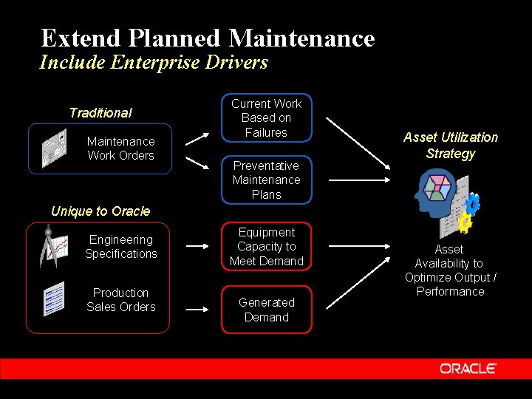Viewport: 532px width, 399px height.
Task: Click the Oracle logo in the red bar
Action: coord(468,368)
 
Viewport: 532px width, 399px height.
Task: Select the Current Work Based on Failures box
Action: coord(266,118)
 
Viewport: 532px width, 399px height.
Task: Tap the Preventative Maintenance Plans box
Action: coord(266,180)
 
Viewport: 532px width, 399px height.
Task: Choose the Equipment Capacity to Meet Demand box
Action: coord(266,247)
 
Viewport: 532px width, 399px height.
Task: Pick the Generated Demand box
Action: coord(266,310)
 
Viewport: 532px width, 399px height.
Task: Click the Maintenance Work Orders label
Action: coord(120,149)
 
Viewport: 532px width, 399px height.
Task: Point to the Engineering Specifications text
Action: coord(120,247)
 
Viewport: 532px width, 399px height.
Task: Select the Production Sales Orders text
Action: coord(120,300)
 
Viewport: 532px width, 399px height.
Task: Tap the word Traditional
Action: coord(100,113)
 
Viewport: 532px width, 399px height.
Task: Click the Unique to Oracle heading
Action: coord(100,211)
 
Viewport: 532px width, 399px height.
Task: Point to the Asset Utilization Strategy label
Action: coord(450,146)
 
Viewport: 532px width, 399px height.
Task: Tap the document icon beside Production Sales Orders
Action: coord(54,299)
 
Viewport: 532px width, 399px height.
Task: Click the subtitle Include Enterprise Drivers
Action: coord(154,62)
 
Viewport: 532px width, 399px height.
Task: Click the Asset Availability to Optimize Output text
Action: coord(450,270)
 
